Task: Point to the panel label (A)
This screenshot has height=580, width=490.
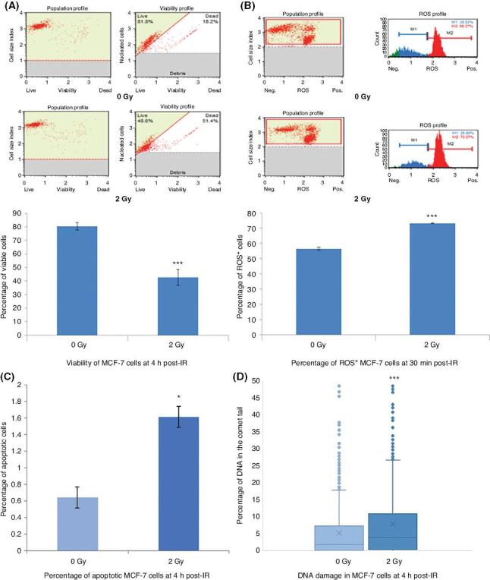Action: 14,6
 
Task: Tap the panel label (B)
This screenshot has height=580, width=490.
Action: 247,6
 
